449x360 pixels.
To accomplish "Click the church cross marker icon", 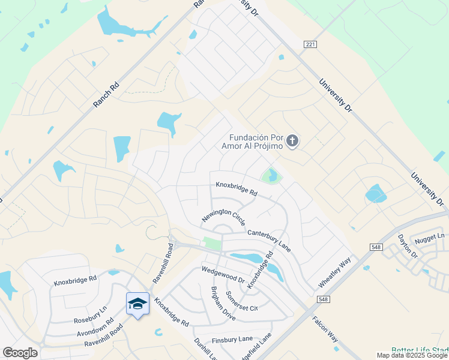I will point(292,142).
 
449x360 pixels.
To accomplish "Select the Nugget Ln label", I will point(432,238).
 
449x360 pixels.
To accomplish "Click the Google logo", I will point(20,353).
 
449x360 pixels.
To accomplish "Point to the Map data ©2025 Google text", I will point(412,355).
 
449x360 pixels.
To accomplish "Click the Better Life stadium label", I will point(420,350).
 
